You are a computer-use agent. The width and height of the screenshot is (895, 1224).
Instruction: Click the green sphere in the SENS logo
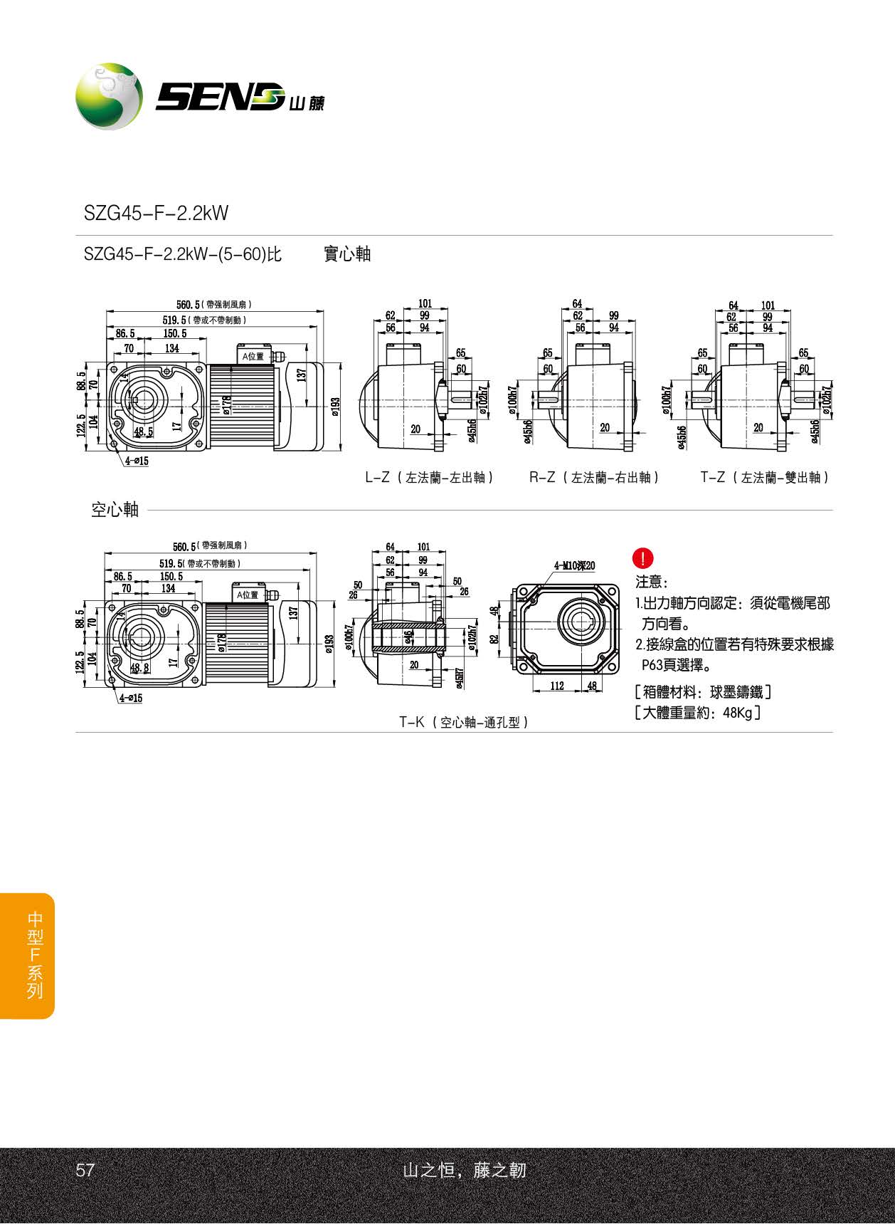click(109, 96)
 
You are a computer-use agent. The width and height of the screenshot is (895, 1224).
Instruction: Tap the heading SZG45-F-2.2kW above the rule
click(156, 213)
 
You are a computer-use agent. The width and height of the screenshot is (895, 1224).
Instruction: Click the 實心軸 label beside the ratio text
click(347, 254)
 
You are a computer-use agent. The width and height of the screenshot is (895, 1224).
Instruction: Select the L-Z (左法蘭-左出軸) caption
click(429, 477)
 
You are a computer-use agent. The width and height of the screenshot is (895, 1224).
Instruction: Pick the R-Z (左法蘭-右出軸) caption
click(594, 477)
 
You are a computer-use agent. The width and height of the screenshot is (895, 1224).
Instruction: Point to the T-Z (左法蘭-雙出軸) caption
click(765, 477)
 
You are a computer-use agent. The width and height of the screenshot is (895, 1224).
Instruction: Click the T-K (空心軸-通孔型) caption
click(464, 722)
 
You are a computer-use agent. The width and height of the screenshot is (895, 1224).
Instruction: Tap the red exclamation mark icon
click(642, 558)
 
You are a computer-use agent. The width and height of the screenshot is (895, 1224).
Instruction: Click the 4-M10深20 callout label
click(574, 566)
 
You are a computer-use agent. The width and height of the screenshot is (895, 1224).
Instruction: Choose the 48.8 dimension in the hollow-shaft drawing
click(140, 668)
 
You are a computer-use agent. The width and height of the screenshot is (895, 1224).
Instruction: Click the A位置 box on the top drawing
click(253, 356)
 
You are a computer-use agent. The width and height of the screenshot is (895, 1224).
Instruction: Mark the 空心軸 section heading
click(115, 510)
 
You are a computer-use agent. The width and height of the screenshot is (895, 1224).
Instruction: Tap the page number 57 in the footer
click(85, 1170)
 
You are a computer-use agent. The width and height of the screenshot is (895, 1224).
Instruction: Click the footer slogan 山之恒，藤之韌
click(464, 1170)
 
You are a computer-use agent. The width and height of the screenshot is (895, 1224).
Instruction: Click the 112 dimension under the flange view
click(557, 686)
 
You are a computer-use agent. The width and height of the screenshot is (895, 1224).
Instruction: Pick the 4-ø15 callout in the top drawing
click(137, 461)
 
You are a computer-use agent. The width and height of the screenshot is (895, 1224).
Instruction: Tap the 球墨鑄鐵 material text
click(736, 691)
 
